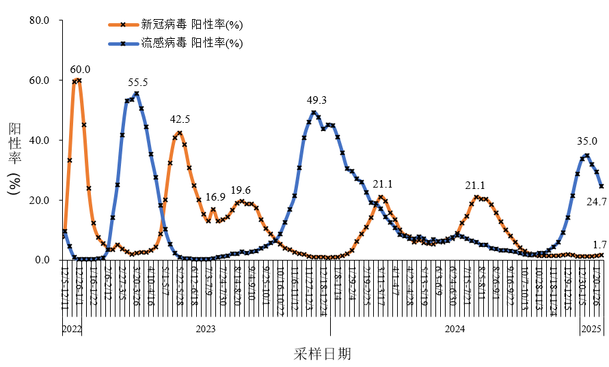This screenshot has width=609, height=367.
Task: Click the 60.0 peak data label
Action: (x=80, y=70)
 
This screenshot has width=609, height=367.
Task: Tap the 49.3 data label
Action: (x=316, y=100)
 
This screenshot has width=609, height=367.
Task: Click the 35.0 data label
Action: (x=586, y=142)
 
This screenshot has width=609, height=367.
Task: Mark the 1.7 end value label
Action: (x=599, y=244)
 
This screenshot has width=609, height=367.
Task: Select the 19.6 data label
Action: (x=241, y=190)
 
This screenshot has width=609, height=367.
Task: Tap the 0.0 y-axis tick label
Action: (x=42, y=260)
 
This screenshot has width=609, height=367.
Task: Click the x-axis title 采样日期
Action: (x=323, y=354)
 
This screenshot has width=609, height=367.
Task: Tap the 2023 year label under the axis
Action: (x=206, y=329)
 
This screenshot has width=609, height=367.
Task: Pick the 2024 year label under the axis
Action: (x=455, y=329)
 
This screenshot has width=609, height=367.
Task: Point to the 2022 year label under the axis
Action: (x=72, y=329)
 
